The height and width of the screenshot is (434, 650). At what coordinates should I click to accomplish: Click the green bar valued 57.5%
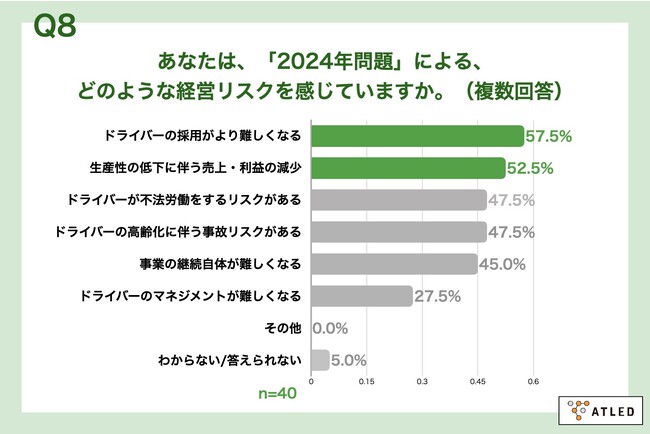[x=418, y=136]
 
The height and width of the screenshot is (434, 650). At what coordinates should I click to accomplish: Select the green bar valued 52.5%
[x=409, y=168]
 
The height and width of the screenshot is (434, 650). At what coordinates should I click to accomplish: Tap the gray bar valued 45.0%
[x=395, y=264]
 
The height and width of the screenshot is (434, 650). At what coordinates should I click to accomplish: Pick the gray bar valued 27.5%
[x=362, y=296]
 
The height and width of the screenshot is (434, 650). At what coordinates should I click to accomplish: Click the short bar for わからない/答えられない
[x=321, y=360]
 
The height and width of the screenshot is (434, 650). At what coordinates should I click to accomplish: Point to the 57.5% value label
[x=548, y=136]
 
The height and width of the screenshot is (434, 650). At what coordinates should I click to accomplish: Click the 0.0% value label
[x=332, y=328]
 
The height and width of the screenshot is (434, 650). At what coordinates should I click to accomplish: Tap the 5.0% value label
[x=350, y=360]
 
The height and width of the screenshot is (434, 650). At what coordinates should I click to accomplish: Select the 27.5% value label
[x=436, y=296]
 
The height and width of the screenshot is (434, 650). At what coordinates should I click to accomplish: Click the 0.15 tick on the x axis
[x=367, y=381]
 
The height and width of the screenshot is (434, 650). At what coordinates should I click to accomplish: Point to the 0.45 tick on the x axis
[x=478, y=381]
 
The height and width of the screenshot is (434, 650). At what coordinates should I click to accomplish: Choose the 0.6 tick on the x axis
[x=534, y=381]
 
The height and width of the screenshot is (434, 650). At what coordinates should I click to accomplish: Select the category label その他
[x=282, y=328]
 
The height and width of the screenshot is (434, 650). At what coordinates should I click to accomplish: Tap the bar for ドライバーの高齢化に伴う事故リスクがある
[x=399, y=232]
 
